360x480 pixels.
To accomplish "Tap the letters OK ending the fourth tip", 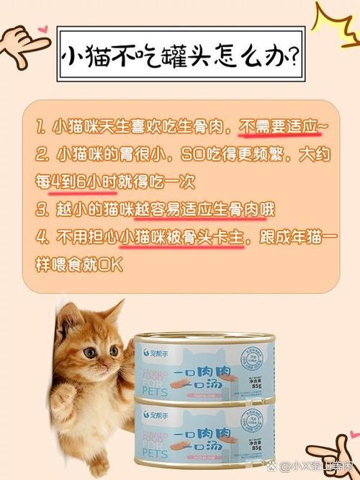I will pos(112,265).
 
